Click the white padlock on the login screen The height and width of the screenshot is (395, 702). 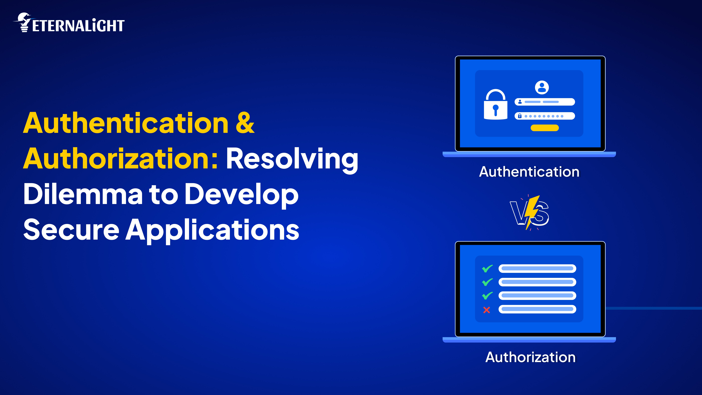point(495,105)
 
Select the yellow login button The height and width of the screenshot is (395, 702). point(544,128)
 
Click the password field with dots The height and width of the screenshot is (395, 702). point(544,116)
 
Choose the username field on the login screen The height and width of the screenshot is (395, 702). point(544,102)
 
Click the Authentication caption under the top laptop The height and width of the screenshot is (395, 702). point(529,172)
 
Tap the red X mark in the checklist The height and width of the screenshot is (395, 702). point(486,310)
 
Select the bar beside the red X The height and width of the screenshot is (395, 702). point(537,309)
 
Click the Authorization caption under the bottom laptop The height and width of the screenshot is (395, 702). point(530,357)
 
